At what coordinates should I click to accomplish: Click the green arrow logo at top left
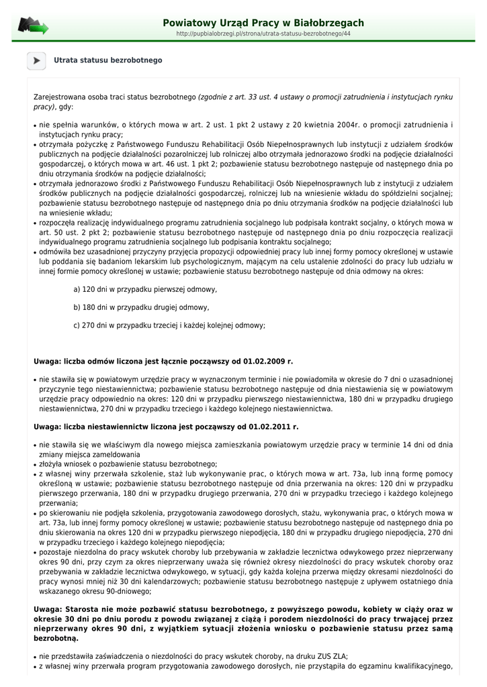click(x=33, y=26)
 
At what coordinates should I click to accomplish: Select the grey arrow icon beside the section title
click(x=36, y=60)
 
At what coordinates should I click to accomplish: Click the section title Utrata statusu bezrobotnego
click(x=108, y=60)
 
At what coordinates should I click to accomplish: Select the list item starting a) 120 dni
click(x=145, y=289)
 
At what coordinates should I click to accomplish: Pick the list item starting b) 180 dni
click(x=141, y=307)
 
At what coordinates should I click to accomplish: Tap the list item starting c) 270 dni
click(x=169, y=325)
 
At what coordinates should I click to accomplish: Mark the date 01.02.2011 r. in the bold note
click(x=273, y=426)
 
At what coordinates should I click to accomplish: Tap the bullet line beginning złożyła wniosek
click(x=128, y=464)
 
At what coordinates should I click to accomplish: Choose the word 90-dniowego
click(x=128, y=591)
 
